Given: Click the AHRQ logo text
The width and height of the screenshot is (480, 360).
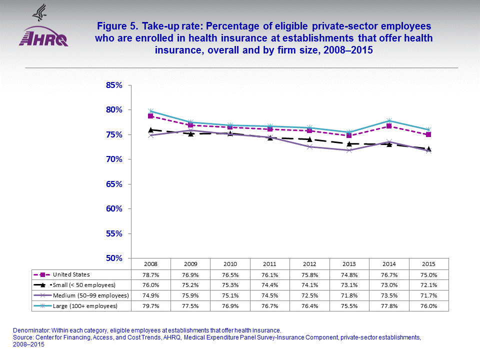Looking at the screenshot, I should pyautogui.click(x=43, y=38).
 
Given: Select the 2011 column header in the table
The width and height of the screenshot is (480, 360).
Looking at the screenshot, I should pyautogui.click(x=270, y=263).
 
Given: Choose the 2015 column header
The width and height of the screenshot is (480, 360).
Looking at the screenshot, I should pyautogui.click(x=428, y=263).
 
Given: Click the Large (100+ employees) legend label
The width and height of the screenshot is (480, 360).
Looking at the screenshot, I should pyautogui.click(x=85, y=305).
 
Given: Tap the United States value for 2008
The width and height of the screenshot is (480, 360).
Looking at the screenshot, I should pyautogui.click(x=150, y=274).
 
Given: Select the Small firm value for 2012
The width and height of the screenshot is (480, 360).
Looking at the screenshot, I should pyautogui.click(x=309, y=285).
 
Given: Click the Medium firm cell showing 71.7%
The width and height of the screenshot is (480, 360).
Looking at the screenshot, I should pyautogui.click(x=428, y=295).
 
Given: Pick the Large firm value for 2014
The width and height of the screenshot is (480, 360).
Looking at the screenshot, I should pyautogui.click(x=389, y=305).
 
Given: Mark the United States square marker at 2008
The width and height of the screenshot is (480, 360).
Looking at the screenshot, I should pyautogui.click(x=150, y=116).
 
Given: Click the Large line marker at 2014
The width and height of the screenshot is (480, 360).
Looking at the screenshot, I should pyautogui.click(x=389, y=120).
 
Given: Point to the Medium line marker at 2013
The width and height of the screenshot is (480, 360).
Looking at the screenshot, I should pyautogui.click(x=349, y=150).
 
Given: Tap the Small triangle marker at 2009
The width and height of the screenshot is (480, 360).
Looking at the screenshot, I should pyautogui.click(x=190, y=133).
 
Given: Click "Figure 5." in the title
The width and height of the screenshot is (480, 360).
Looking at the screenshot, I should pyautogui.click(x=117, y=26).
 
